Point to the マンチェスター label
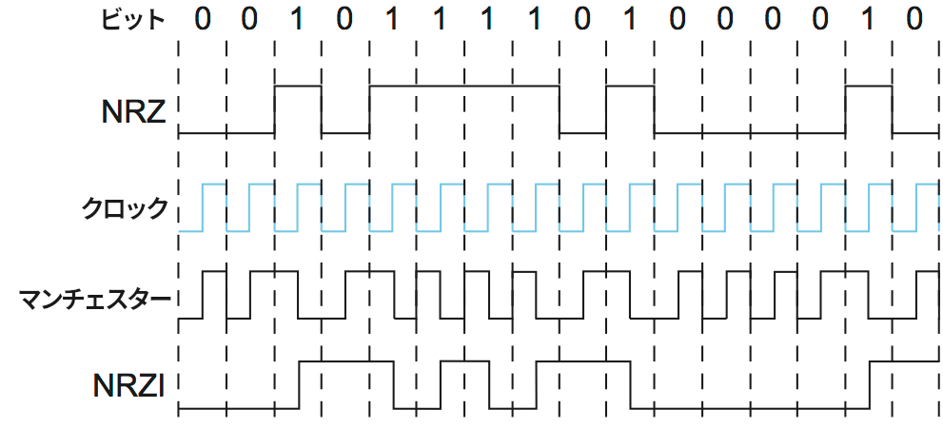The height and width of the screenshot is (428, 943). pyautogui.click(x=95, y=299)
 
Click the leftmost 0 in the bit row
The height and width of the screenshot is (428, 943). pyautogui.click(x=203, y=19)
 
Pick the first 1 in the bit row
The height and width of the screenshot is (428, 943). pyautogui.click(x=298, y=19)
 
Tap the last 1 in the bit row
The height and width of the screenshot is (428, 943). pyautogui.click(x=869, y=19)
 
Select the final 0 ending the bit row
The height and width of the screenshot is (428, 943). pyautogui.click(x=915, y=19)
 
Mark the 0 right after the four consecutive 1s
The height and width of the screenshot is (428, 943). pyautogui.click(x=582, y=19)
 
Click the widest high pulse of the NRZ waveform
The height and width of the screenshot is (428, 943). pyautogui.click(x=464, y=86)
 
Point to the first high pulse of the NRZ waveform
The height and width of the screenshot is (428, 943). pyautogui.click(x=298, y=86)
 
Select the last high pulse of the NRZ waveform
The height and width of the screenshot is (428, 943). pyautogui.click(x=869, y=86)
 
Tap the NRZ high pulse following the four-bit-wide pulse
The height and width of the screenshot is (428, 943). pyautogui.click(x=630, y=86)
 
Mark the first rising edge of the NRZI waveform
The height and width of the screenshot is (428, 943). pyautogui.click(x=300, y=385)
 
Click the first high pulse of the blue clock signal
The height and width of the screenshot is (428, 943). pyautogui.click(x=214, y=183)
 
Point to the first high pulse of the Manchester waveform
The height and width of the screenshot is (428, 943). pyautogui.click(x=214, y=272)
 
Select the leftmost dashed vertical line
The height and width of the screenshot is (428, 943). pyautogui.click(x=179, y=228)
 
